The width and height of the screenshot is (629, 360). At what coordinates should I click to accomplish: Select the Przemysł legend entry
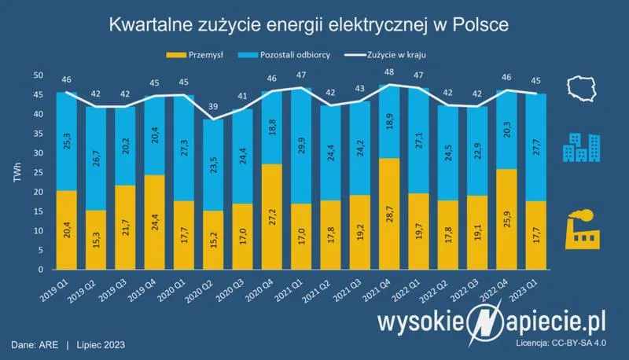click(203, 55)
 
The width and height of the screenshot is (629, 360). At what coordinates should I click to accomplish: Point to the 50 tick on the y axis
click(38, 75)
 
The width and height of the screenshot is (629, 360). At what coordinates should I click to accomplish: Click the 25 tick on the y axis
click(38, 172)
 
